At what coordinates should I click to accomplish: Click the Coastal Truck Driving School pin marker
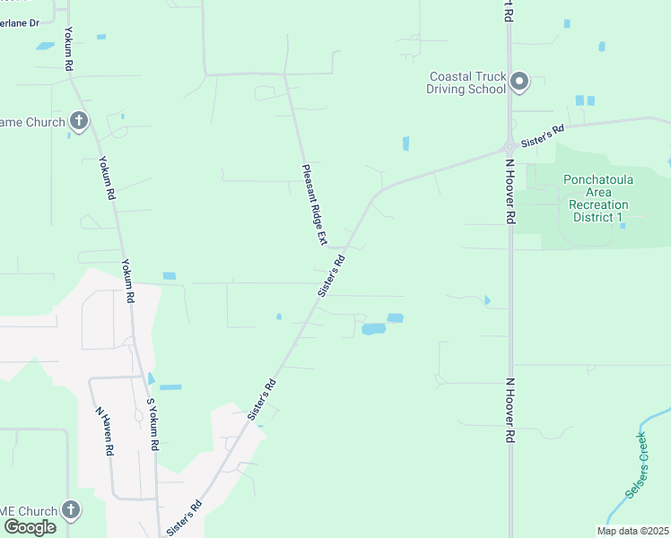[518, 83]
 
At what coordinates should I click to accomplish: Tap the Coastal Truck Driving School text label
[467, 83]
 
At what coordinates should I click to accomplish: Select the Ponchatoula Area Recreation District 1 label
[596, 198]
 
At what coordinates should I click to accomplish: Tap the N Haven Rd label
[104, 430]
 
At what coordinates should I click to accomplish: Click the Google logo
[30, 526]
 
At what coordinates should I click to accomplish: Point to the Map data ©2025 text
[632, 531]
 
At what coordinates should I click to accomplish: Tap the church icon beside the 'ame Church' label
[79, 121]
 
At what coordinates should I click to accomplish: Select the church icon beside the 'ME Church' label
[71, 510]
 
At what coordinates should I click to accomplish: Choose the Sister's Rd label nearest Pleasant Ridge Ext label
[331, 275]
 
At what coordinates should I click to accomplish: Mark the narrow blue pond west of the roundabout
[406, 143]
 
